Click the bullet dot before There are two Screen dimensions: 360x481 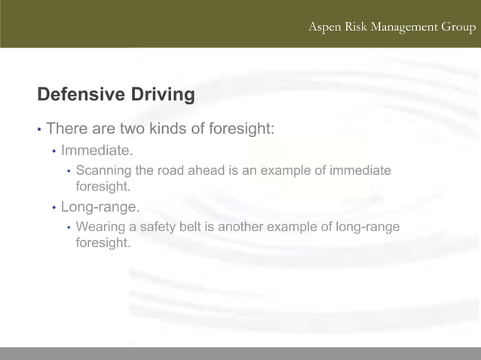[39, 130]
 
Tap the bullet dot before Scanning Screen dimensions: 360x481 [69, 172]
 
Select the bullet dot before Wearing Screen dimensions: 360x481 [69, 227]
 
